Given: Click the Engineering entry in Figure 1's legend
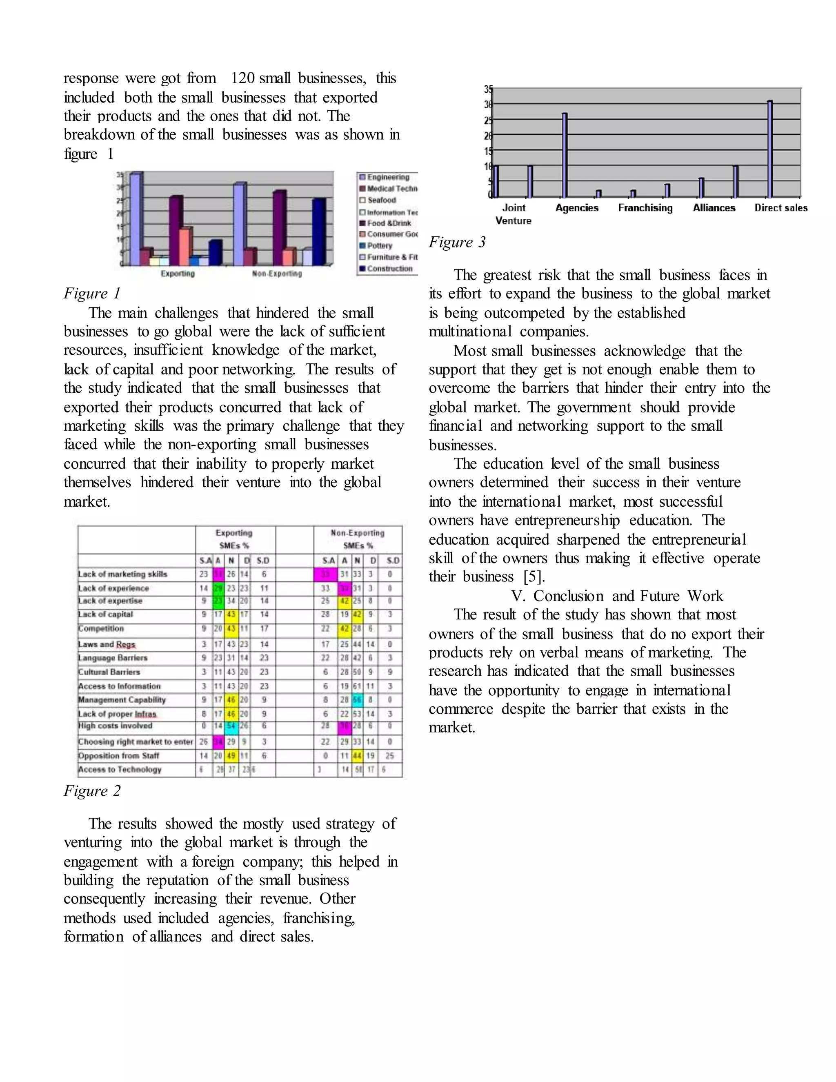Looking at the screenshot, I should pos(388,177).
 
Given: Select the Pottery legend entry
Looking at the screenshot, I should pos(379,246).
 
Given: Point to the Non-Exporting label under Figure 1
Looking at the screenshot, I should pos(277,274).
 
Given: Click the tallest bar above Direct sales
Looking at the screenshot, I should pos(769,149).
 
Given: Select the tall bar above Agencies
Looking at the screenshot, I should pos(565,155).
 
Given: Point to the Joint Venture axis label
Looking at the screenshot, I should pos(514,214).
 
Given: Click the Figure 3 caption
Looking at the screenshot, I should pos(457,242).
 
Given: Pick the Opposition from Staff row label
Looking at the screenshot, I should pos(118,755).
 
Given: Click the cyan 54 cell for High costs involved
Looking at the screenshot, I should pos(231,726).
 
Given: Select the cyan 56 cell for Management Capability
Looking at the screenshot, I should pos(357,699).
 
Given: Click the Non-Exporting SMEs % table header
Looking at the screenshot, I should pos(358,539).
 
